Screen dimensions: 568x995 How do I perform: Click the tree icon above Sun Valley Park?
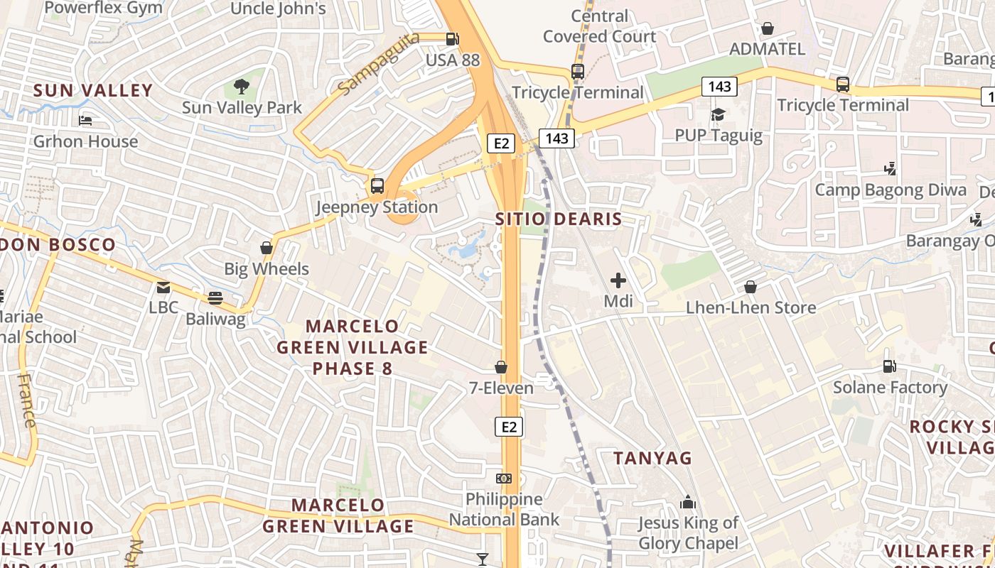point(242,87)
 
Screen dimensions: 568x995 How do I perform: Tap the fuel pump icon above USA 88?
point(452,39)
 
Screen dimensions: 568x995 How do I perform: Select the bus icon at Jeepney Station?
point(377,187)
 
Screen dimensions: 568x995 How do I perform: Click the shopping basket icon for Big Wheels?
point(267,248)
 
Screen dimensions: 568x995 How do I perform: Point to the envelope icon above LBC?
point(163,288)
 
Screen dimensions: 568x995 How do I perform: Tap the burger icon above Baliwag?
point(215,298)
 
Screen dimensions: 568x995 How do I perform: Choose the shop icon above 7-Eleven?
point(501,367)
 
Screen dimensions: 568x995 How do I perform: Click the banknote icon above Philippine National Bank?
point(504,479)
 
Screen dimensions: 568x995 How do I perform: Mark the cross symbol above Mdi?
point(618,280)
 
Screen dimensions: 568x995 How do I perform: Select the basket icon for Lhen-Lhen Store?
point(751,287)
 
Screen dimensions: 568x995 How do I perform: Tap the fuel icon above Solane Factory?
point(889,366)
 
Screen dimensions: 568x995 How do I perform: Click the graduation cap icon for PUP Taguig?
point(718,114)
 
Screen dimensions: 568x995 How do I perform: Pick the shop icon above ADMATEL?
point(768,28)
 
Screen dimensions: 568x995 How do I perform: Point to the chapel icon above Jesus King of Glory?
point(687,503)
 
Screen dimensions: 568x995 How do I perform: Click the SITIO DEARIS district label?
point(559,219)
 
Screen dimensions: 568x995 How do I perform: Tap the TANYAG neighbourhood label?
point(652,459)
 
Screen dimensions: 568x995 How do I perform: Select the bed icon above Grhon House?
point(85,121)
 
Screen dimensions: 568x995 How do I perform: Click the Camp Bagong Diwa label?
point(891,190)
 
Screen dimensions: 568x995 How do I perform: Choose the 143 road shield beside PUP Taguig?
point(720,87)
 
